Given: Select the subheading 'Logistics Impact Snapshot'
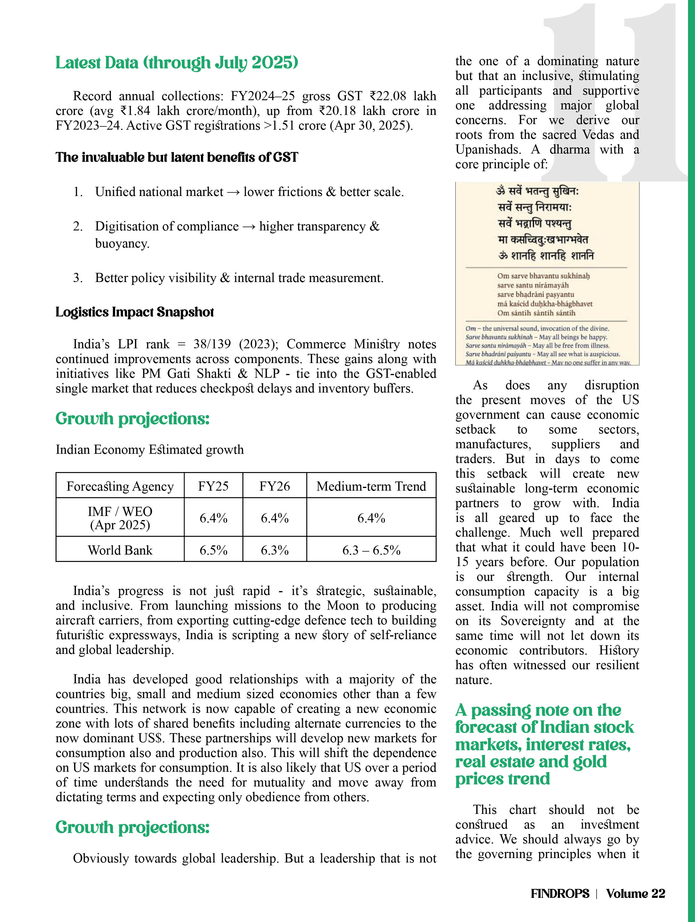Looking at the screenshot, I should tap(135, 312).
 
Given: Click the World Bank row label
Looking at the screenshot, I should tap(120, 550).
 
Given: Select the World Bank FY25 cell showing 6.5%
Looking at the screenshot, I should tap(213, 550).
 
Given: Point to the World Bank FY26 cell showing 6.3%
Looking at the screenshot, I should tap(274, 550).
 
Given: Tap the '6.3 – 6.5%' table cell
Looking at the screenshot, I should tap(371, 550).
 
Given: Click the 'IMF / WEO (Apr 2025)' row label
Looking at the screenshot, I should tap(120, 518).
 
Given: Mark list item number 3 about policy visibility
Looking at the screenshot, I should tap(239, 278).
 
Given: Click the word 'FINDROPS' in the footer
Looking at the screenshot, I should tap(560, 893).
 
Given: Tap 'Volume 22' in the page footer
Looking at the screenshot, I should tap(636, 893).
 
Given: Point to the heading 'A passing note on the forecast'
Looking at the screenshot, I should tap(543, 744).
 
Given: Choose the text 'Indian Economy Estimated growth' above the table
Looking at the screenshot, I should tap(150, 450).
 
